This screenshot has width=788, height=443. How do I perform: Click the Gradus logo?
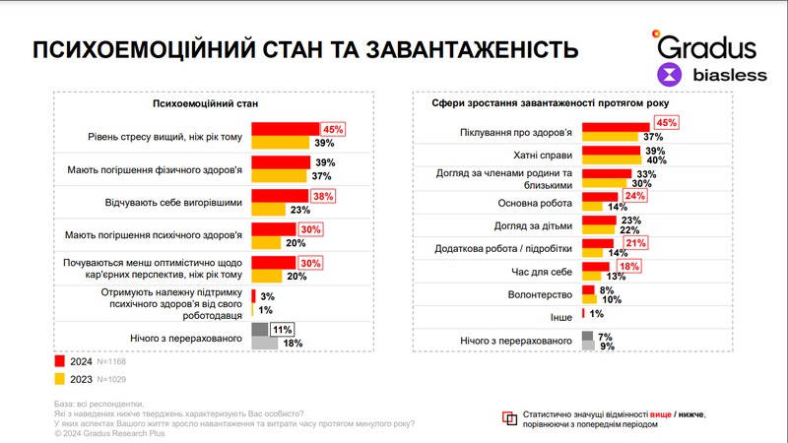(705, 45)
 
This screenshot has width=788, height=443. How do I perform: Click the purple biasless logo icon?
(670, 74)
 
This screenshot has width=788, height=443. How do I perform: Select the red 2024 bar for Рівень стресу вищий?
(286, 129)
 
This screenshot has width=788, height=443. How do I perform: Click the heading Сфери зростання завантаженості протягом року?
(539, 103)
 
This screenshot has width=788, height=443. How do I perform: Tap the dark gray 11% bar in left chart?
(260, 330)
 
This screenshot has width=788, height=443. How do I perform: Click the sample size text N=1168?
(112, 360)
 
